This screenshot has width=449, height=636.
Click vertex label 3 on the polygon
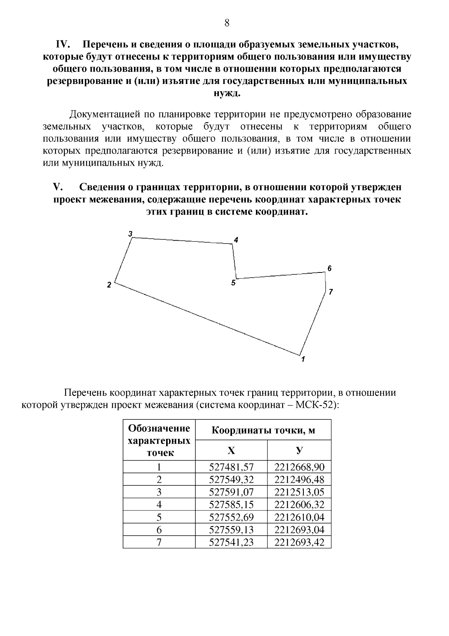130,234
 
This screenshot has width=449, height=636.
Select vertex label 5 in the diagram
233,283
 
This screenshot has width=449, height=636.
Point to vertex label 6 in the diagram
329,268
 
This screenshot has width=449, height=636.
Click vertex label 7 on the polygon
330,292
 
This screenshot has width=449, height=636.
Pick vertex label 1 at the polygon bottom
303,359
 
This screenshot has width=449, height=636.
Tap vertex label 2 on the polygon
109,285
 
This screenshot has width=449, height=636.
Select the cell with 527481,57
231,467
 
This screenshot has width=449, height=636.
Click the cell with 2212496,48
299,479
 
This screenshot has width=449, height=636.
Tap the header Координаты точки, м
263,430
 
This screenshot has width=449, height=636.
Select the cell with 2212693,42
299,542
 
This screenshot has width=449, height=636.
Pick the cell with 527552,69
231,517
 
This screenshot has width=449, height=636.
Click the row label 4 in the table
159,505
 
